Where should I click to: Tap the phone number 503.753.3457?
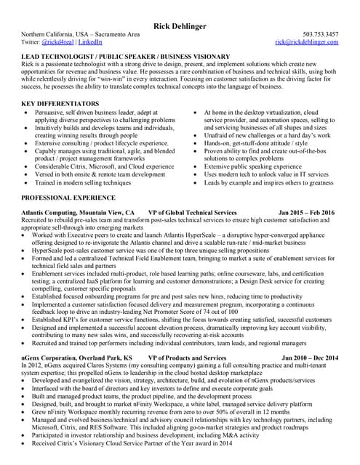(320, 34)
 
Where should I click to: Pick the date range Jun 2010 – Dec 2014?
(308, 359)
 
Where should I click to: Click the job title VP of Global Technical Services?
(192, 212)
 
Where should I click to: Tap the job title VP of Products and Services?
(187, 359)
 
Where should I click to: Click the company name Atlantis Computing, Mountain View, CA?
(73, 212)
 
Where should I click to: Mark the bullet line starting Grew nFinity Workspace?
(145, 411)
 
